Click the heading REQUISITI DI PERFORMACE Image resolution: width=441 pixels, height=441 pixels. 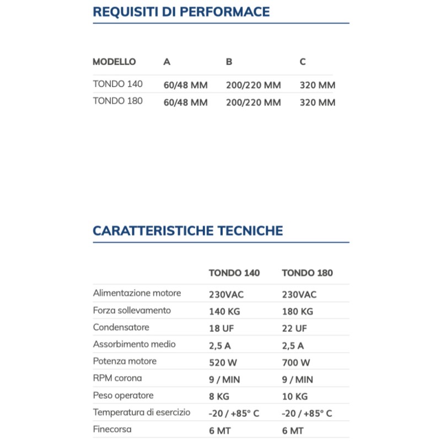pos(181,12)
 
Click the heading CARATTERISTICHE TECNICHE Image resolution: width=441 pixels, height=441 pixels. pos(188,230)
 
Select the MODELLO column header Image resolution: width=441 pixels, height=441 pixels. pos(114,62)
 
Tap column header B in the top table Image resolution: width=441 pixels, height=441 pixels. pos(229,62)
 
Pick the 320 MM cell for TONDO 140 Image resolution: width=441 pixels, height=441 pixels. pos(318,85)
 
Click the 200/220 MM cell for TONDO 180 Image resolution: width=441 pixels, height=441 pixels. pos(254,103)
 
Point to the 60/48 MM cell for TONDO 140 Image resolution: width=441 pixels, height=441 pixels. pos(186,85)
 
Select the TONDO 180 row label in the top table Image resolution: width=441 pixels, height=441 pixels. pos(118,101)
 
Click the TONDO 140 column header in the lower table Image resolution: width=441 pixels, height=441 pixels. pos(234,273)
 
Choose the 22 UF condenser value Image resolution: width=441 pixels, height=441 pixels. pos(294,329)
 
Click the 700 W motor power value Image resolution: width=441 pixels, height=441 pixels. pos(296,363)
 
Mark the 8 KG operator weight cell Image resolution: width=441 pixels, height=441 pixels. pos(219,397)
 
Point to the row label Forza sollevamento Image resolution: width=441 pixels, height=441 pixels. pos(132,310)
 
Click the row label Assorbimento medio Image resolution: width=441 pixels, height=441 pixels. pos(135,345)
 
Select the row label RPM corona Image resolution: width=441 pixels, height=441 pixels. pos(117,379)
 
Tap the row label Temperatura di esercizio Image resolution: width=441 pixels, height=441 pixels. pos(142,412)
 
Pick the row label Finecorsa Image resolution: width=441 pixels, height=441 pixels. pos(112,429)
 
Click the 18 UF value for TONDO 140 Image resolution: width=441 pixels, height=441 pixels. pos(222,329)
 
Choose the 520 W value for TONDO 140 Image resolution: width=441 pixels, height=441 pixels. pos(223,363)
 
